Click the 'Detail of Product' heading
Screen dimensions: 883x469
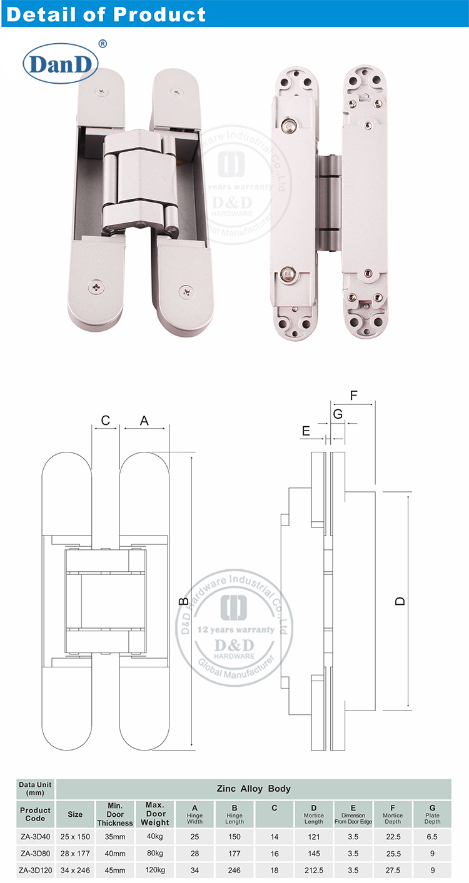pos(105,14)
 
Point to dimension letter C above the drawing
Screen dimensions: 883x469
pos(106,421)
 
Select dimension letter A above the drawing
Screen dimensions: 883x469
pos(144,421)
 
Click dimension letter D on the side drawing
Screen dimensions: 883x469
pos(401,601)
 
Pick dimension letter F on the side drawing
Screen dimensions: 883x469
pos(354,395)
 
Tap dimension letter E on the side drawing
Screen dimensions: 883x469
pos(306,431)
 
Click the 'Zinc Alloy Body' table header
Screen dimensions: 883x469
pos(253,789)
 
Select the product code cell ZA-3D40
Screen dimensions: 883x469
pos(36,837)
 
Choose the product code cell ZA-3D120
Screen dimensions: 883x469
pos(36,869)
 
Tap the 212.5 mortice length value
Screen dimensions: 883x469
pos(314,869)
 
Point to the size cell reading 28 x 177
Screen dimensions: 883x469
pos(75,853)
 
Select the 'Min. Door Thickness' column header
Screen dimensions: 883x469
pos(114,814)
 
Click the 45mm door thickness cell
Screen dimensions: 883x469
pos(114,869)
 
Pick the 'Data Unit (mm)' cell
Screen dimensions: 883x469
pos(36,789)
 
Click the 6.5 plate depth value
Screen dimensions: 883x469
pos(432,837)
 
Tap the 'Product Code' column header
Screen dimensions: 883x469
pos(36,814)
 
